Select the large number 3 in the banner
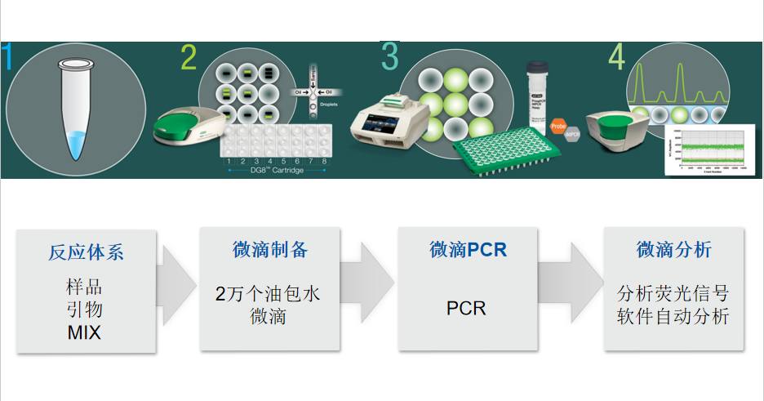[389, 56]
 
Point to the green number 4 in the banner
[616, 57]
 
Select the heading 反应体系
[86, 252]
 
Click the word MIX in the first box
[85, 333]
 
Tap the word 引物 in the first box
[85, 310]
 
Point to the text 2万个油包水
[269, 294]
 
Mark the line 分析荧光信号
[673, 293]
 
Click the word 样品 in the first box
[85, 288]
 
